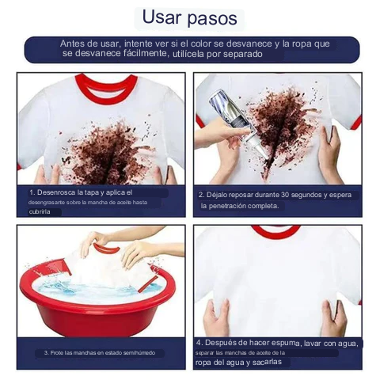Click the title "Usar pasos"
click(189, 18)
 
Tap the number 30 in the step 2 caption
click(285, 195)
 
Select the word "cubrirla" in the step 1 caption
click(40, 212)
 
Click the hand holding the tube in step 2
click(222, 135)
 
